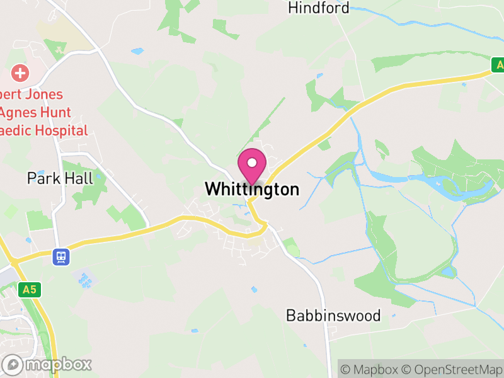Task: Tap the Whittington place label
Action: [252, 189]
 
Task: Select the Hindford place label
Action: [318, 8]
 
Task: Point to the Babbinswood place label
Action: [333, 315]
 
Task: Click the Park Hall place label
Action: [60, 178]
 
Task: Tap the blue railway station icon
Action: [60, 256]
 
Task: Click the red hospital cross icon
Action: [20, 73]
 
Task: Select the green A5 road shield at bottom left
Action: [28, 290]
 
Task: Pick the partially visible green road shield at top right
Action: [498, 65]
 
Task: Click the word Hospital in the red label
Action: [61, 131]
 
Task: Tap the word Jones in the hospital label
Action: [46, 94]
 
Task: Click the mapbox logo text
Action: [58, 364]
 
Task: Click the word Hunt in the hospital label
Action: [54, 113]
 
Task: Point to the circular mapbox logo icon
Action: [13, 364]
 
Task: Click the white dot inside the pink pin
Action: [252, 163]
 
